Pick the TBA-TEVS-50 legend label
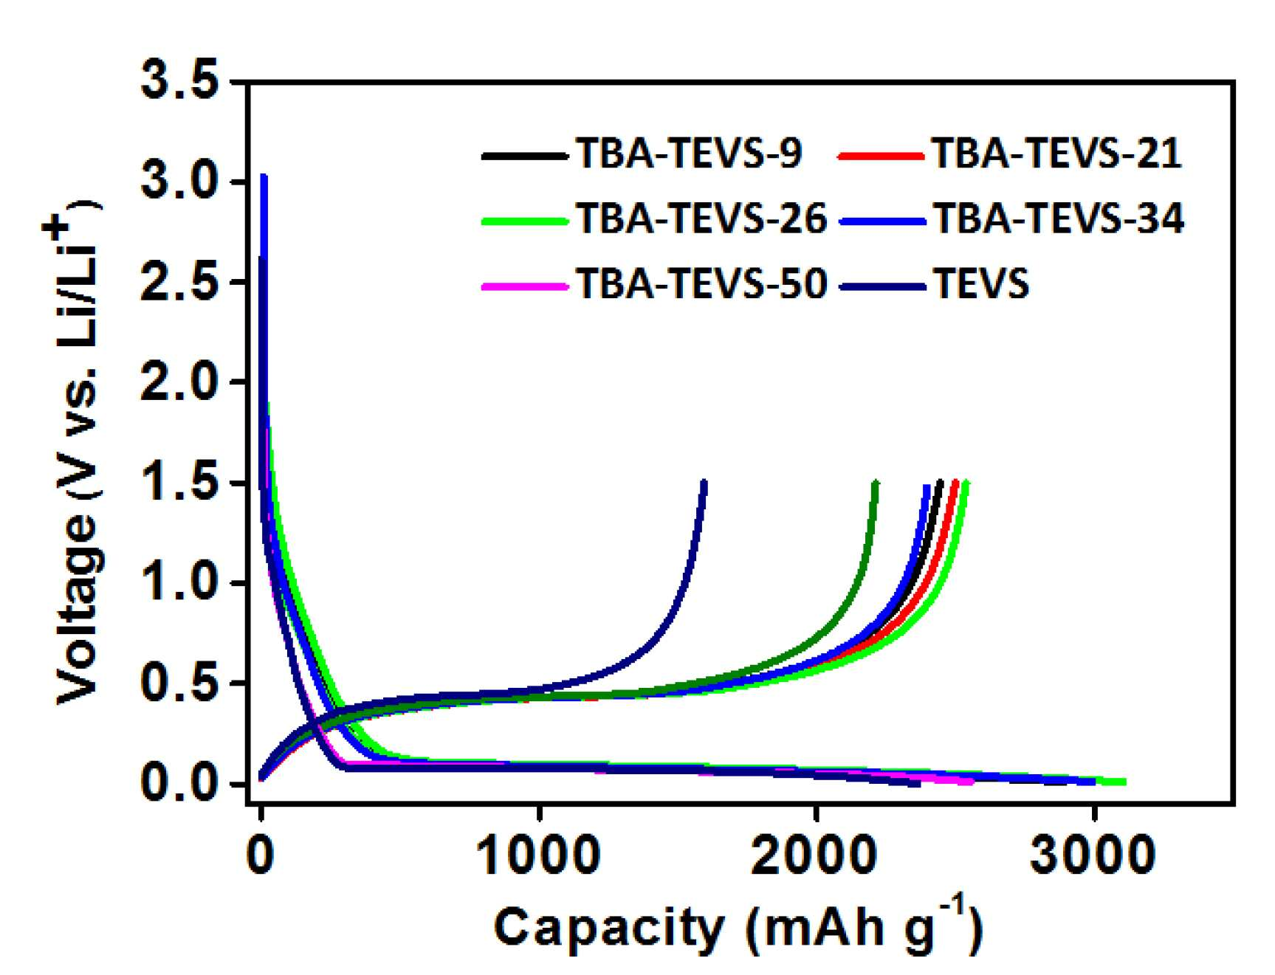(x=701, y=283)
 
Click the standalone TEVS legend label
(x=981, y=283)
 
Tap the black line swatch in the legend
(x=525, y=156)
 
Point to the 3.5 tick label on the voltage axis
(x=180, y=80)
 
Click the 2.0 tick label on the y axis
(x=180, y=382)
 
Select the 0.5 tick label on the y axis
(x=180, y=683)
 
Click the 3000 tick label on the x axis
(x=1093, y=855)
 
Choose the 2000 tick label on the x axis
(x=815, y=855)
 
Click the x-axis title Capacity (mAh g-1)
(x=738, y=926)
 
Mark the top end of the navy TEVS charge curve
(x=704, y=483)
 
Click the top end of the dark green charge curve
(x=876, y=483)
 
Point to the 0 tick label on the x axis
(x=260, y=855)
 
